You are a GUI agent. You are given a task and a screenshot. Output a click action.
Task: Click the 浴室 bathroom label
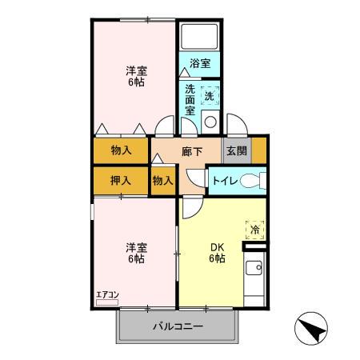click(201, 63)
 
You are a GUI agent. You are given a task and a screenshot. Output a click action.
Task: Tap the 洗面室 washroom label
click(190, 100)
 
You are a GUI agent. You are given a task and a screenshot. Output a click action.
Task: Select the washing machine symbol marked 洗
click(210, 94)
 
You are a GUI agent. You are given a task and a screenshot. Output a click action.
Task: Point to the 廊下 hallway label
click(192, 151)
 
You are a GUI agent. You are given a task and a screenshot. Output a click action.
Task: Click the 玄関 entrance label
click(235, 151)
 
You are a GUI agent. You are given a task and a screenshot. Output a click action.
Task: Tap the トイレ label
click(222, 180)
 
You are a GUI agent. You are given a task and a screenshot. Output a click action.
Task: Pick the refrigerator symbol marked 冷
click(255, 230)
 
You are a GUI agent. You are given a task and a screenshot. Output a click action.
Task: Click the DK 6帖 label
click(217, 253)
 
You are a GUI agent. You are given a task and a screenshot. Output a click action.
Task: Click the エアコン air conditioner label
click(107, 294)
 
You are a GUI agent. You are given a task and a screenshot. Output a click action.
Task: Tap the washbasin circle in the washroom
click(210, 122)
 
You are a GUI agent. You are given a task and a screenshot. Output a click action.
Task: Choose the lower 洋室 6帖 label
click(134, 252)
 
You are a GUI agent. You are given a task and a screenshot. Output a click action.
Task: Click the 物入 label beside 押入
click(163, 180)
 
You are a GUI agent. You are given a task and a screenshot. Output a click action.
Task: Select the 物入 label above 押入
click(122, 150)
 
